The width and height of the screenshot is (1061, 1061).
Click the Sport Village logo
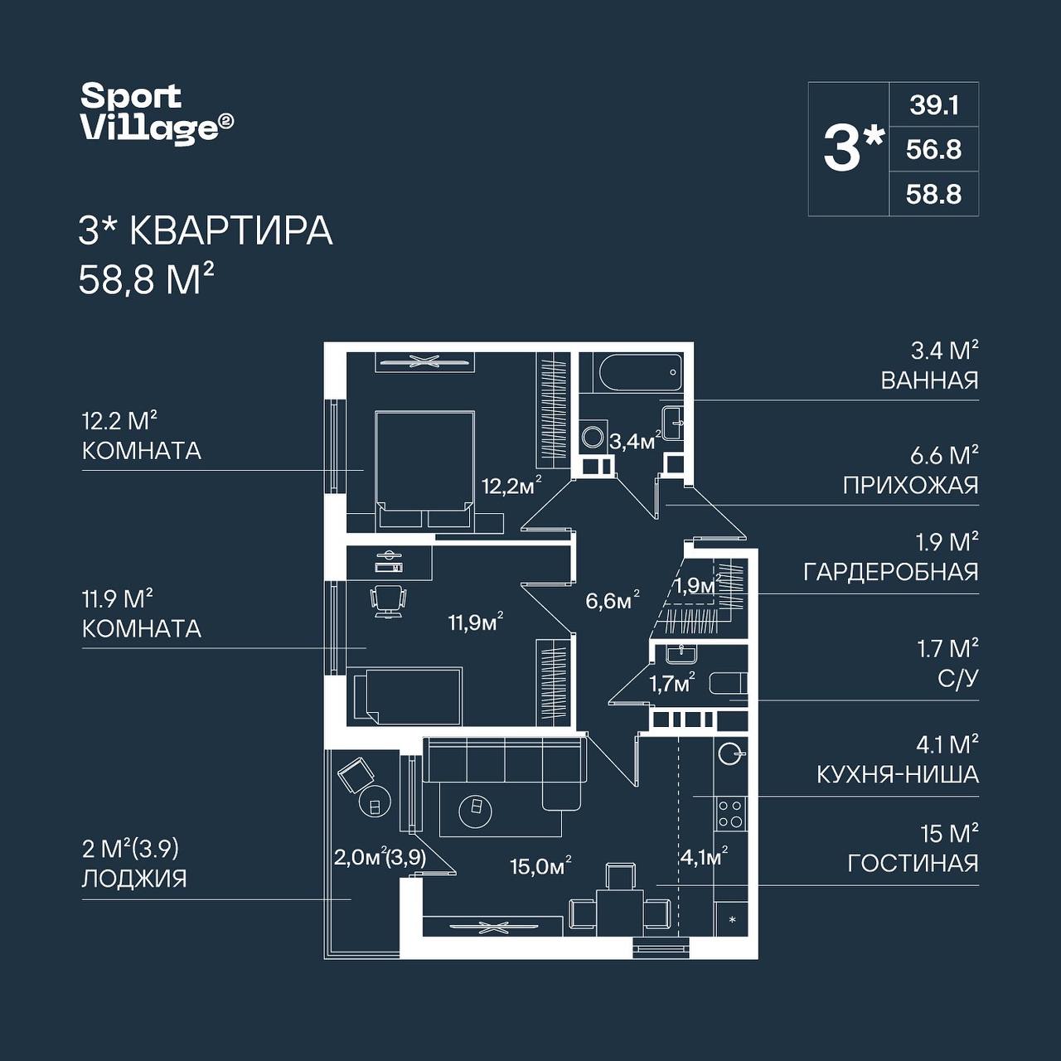[x=157, y=114]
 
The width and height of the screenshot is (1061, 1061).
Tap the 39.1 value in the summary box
[x=934, y=105]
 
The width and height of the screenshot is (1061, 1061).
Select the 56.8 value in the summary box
[x=934, y=150]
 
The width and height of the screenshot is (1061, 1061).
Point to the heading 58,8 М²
[x=146, y=279]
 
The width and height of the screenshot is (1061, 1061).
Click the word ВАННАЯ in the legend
[x=929, y=380]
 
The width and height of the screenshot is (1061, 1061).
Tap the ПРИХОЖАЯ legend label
[x=911, y=485]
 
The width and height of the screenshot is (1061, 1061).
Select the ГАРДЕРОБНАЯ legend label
[x=891, y=573]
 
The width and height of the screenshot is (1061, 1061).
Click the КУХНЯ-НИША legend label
[x=898, y=775]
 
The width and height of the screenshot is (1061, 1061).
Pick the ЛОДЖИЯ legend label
[x=134, y=879]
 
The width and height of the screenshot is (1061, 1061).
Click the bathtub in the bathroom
[x=641, y=372]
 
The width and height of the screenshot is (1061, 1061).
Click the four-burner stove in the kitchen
[x=730, y=814]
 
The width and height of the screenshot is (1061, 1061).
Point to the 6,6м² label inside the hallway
[x=613, y=601]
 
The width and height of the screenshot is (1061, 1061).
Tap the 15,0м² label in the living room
[x=540, y=867]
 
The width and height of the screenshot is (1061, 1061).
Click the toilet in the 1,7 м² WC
[x=727, y=683]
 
